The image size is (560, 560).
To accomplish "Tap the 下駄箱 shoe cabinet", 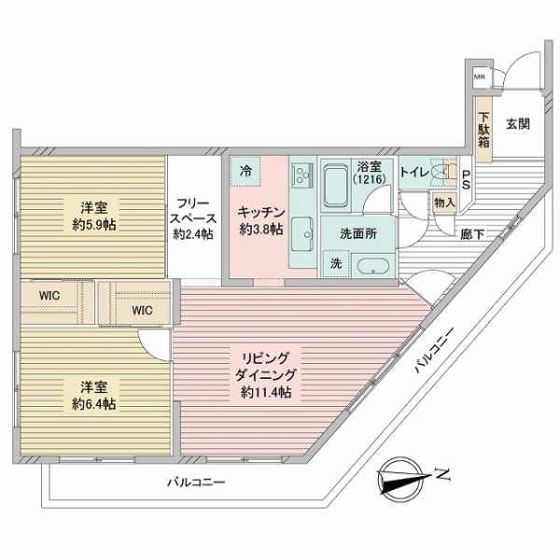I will (483, 126).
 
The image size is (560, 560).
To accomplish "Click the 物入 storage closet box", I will (444, 200).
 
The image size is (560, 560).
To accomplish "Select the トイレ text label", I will (414, 173).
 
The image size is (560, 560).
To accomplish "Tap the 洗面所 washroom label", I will (357, 234).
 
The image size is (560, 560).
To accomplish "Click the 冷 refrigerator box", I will (245, 171).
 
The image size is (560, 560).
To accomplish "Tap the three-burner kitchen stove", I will (302, 174).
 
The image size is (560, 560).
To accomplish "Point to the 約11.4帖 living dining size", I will (266, 394).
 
